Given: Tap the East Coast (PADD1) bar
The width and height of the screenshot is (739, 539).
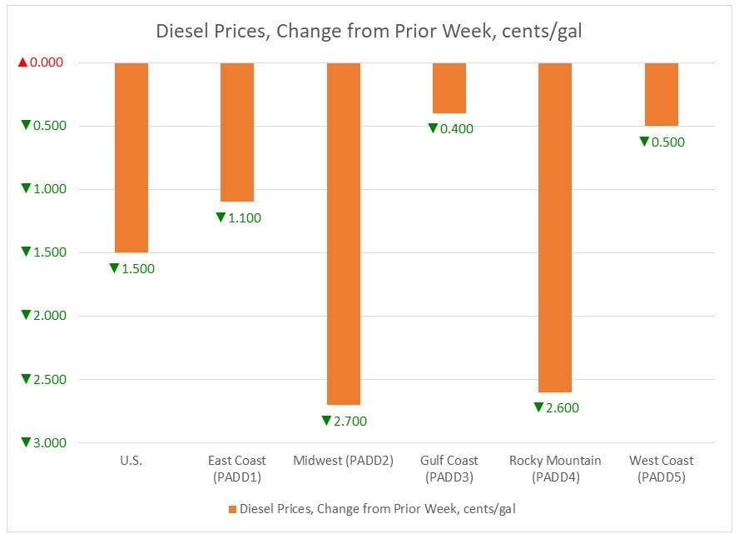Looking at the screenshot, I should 237,132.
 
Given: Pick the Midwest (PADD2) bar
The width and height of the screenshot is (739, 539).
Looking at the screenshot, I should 344,233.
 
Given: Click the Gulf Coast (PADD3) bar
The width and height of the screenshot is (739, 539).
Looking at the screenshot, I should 449,87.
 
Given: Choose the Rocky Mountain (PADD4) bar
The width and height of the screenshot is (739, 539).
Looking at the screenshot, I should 555,227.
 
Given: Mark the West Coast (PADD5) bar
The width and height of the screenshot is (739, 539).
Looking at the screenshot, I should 662,94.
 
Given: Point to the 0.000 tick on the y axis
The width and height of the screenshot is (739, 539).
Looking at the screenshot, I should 52,62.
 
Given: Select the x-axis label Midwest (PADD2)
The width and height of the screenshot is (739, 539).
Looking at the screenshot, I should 344,460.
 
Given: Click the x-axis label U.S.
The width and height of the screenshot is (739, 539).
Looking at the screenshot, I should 131,460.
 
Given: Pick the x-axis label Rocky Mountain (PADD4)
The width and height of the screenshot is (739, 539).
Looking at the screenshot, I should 555,468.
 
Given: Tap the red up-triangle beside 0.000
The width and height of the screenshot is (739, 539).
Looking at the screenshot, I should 23,62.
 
